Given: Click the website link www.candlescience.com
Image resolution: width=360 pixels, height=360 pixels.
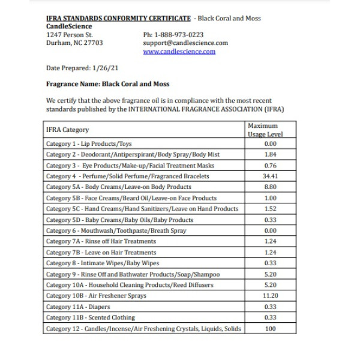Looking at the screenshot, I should click(x=179, y=52).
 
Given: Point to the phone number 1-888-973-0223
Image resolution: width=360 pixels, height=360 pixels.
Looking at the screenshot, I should click(x=173, y=35).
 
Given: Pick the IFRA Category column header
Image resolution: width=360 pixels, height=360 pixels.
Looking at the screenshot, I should click(x=67, y=130).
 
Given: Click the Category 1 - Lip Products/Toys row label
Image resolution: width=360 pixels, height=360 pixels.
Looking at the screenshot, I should click(x=89, y=144).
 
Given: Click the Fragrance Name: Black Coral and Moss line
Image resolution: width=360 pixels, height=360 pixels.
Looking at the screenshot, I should click(x=107, y=84).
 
